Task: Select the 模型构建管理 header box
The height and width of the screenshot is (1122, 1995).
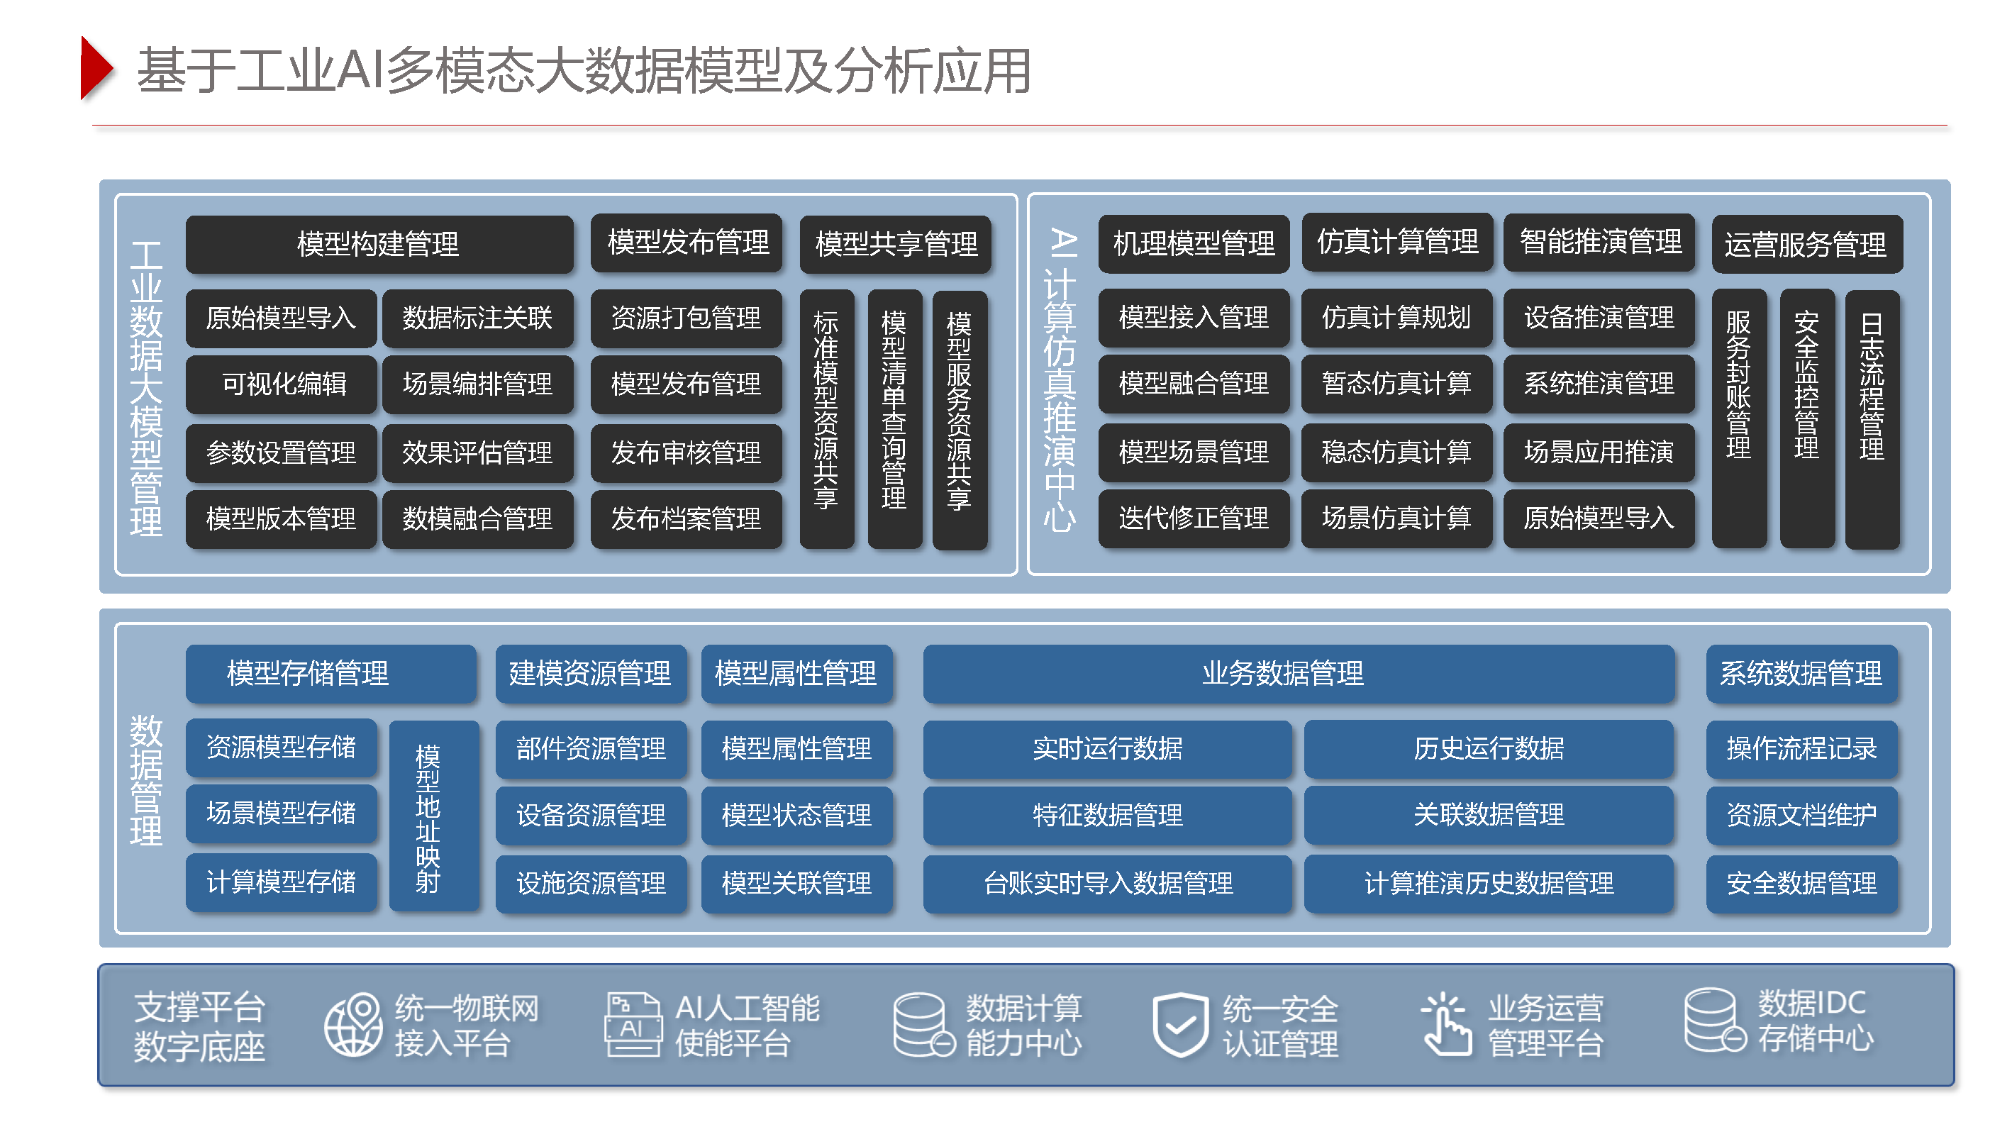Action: (x=379, y=244)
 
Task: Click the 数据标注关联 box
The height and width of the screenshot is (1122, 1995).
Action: (x=477, y=318)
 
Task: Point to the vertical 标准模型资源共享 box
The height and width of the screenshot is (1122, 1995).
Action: (x=826, y=418)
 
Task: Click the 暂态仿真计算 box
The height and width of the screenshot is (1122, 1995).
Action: (x=1396, y=383)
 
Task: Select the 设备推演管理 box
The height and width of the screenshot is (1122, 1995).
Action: (x=1599, y=318)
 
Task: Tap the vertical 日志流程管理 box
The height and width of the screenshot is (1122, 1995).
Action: (x=1871, y=418)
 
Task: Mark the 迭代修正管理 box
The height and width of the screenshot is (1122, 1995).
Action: (x=1194, y=518)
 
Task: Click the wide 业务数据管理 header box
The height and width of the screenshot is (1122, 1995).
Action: (x=1298, y=673)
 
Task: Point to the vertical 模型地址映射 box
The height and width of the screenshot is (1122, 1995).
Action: (x=428, y=817)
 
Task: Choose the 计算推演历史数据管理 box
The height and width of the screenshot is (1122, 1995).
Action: (x=1489, y=883)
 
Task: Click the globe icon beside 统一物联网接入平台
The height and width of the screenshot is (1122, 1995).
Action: (x=353, y=1024)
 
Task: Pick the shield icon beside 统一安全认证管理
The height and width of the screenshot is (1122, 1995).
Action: (x=1179, y=1024)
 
